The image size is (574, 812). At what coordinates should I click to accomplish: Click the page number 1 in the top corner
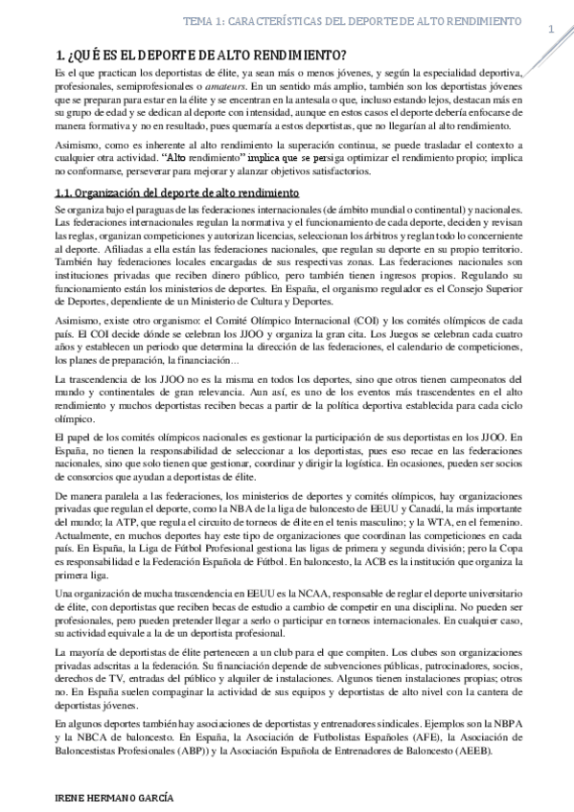[551, 30]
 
